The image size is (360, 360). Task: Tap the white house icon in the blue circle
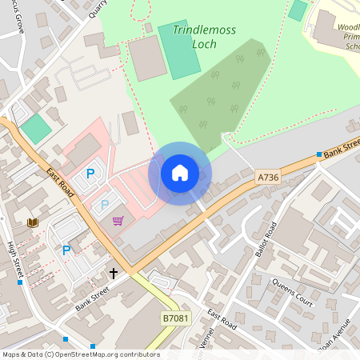(x=180, y=172)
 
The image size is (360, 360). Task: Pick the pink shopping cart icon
(x=118, y=221)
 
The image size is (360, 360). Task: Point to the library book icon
(x=33, y=222)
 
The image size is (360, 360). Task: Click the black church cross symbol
(x=114, y=274)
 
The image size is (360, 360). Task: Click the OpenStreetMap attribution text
(x=80, y=354)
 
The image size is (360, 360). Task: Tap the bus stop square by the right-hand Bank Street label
(x=319, y=154)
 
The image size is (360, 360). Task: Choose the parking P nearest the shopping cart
(x=105, y=205)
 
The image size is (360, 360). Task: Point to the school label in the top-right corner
(x=343, y=36)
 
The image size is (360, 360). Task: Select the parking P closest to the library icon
(x=66, y=250)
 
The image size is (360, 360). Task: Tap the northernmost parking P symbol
(x=90, y=174)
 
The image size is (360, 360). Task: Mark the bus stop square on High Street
(x=21, y=282)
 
